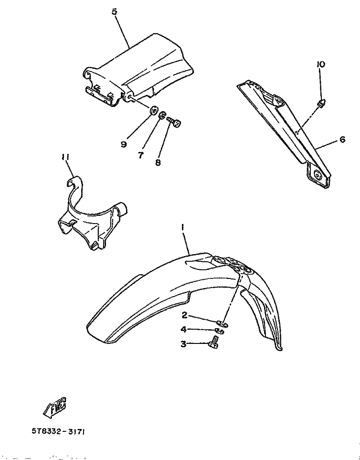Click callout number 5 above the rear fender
coord(114,12)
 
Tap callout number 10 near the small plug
coord(321,64)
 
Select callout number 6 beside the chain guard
coord(342,139)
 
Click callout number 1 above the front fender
coord(182,227)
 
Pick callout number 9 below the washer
coord(124,144)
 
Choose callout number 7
coord(141,155)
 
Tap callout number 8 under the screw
coord(158,162)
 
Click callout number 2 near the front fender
coord(184,315)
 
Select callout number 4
coord(183,330)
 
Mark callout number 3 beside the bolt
coord(183,344)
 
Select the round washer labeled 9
coord(153,111)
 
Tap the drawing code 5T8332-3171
coord(59,432)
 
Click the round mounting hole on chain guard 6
coord(318,175)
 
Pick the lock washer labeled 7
coord(163,115)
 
